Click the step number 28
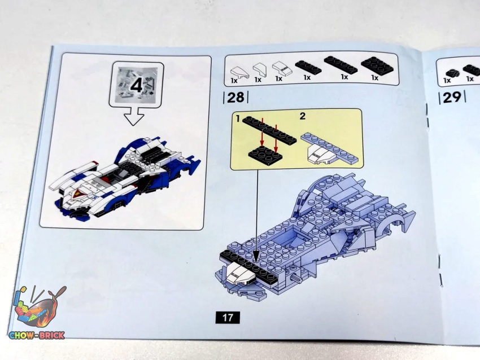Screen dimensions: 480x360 point(235,97)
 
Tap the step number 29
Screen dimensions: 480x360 point(452,97)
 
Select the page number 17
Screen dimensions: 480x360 point(228,318)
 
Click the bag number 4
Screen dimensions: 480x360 point(136,85)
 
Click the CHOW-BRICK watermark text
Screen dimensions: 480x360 point(37,336)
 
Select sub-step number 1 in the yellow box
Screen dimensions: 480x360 point(238,118)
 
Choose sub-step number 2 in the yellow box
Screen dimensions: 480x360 point(303,116)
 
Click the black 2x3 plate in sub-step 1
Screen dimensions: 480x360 point(265,155)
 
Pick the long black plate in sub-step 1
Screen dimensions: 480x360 point(269,130)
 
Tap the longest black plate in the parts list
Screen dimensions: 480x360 point(341,65)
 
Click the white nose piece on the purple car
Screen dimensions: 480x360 point(241,274)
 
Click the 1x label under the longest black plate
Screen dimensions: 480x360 point(344,77)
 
